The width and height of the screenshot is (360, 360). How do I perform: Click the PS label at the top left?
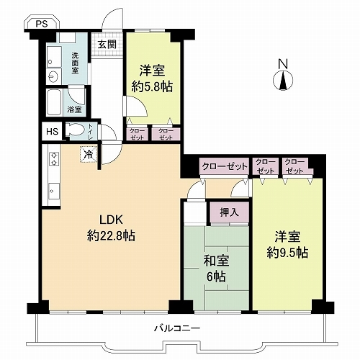[x=42, y=24]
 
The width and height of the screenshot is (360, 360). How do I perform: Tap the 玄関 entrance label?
[x=107, y=45]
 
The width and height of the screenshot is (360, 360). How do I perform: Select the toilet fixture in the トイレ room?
[x=75, y=130]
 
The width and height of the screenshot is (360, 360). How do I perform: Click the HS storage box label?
[x=52, y=132]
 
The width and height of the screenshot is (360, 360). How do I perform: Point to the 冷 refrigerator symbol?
[x=89, y=155]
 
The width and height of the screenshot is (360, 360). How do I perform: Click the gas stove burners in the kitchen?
[x=54, y=158]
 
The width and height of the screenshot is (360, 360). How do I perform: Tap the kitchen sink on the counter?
[x=54, y=191]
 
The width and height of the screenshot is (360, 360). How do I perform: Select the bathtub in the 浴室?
[x=54, y=102]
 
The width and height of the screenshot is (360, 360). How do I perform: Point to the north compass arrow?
[x=284, y=81]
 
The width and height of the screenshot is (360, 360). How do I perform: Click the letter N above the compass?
[x=283, y=64]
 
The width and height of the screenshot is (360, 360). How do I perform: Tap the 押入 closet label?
[x=229, y=212]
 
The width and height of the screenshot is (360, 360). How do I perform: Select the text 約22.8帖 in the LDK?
[x=111, y=235]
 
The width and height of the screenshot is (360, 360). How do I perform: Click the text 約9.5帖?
[x=287, y=252]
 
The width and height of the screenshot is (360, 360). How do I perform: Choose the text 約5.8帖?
[x=152, y=87]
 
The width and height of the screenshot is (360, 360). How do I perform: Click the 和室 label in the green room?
[x=216, y=261]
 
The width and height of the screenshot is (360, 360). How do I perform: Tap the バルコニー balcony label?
[x=177, y=328]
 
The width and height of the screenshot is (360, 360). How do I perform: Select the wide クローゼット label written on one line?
[x=225, y=166]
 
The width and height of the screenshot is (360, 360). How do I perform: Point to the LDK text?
[x=111, y=220]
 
